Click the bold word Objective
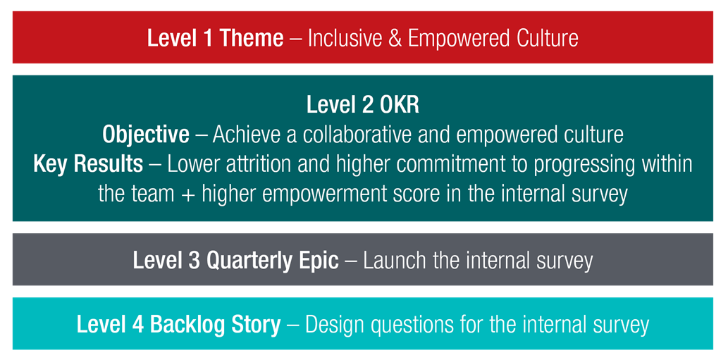pyautogui.click(x=147, y=135)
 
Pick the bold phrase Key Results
pyautogui.click(x=88, y=165)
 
